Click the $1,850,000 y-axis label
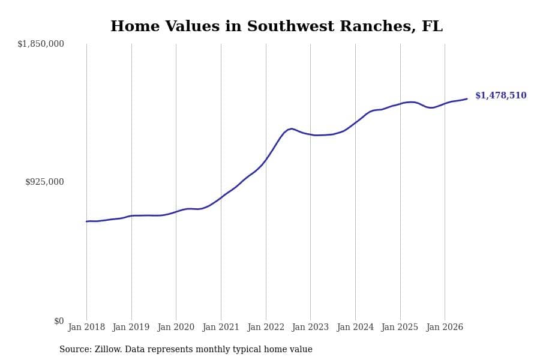point(41,44)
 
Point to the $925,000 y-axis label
point(44,182)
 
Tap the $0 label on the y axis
point(59,321)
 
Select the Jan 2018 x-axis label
point(86,327)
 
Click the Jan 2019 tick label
point(131,327)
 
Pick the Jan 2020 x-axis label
point(176,327)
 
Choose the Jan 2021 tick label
point(221,327)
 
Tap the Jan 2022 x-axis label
point(266,327)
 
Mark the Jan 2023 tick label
point(310,327)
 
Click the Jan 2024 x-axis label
point(355,327)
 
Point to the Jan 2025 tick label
point(400,327)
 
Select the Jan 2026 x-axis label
point(445,327)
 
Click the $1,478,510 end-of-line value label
point(501,95)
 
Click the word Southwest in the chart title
point(290,26)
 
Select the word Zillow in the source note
point(108,349)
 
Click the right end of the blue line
point(467,99)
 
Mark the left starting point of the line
point(86,221)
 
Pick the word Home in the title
point(135,26)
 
